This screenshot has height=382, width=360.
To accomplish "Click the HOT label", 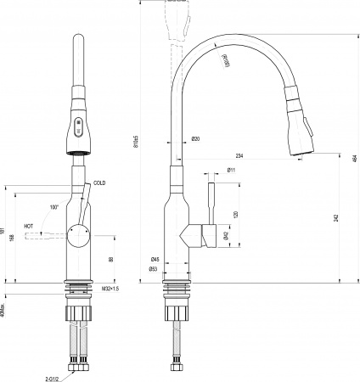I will click(29, 227).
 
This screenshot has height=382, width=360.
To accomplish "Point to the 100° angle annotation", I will click(53, 207).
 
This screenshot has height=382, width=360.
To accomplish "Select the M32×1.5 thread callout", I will click(111, 289).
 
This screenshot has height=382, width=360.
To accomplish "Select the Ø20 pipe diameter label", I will click(195, 138).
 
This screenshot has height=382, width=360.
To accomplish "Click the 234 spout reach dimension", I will click(239, 155).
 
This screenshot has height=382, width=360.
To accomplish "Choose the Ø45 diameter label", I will click(155, 260).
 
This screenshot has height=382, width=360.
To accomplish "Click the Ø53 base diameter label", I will click(155, 270).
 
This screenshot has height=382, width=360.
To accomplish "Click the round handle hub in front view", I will click(76, 234).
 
